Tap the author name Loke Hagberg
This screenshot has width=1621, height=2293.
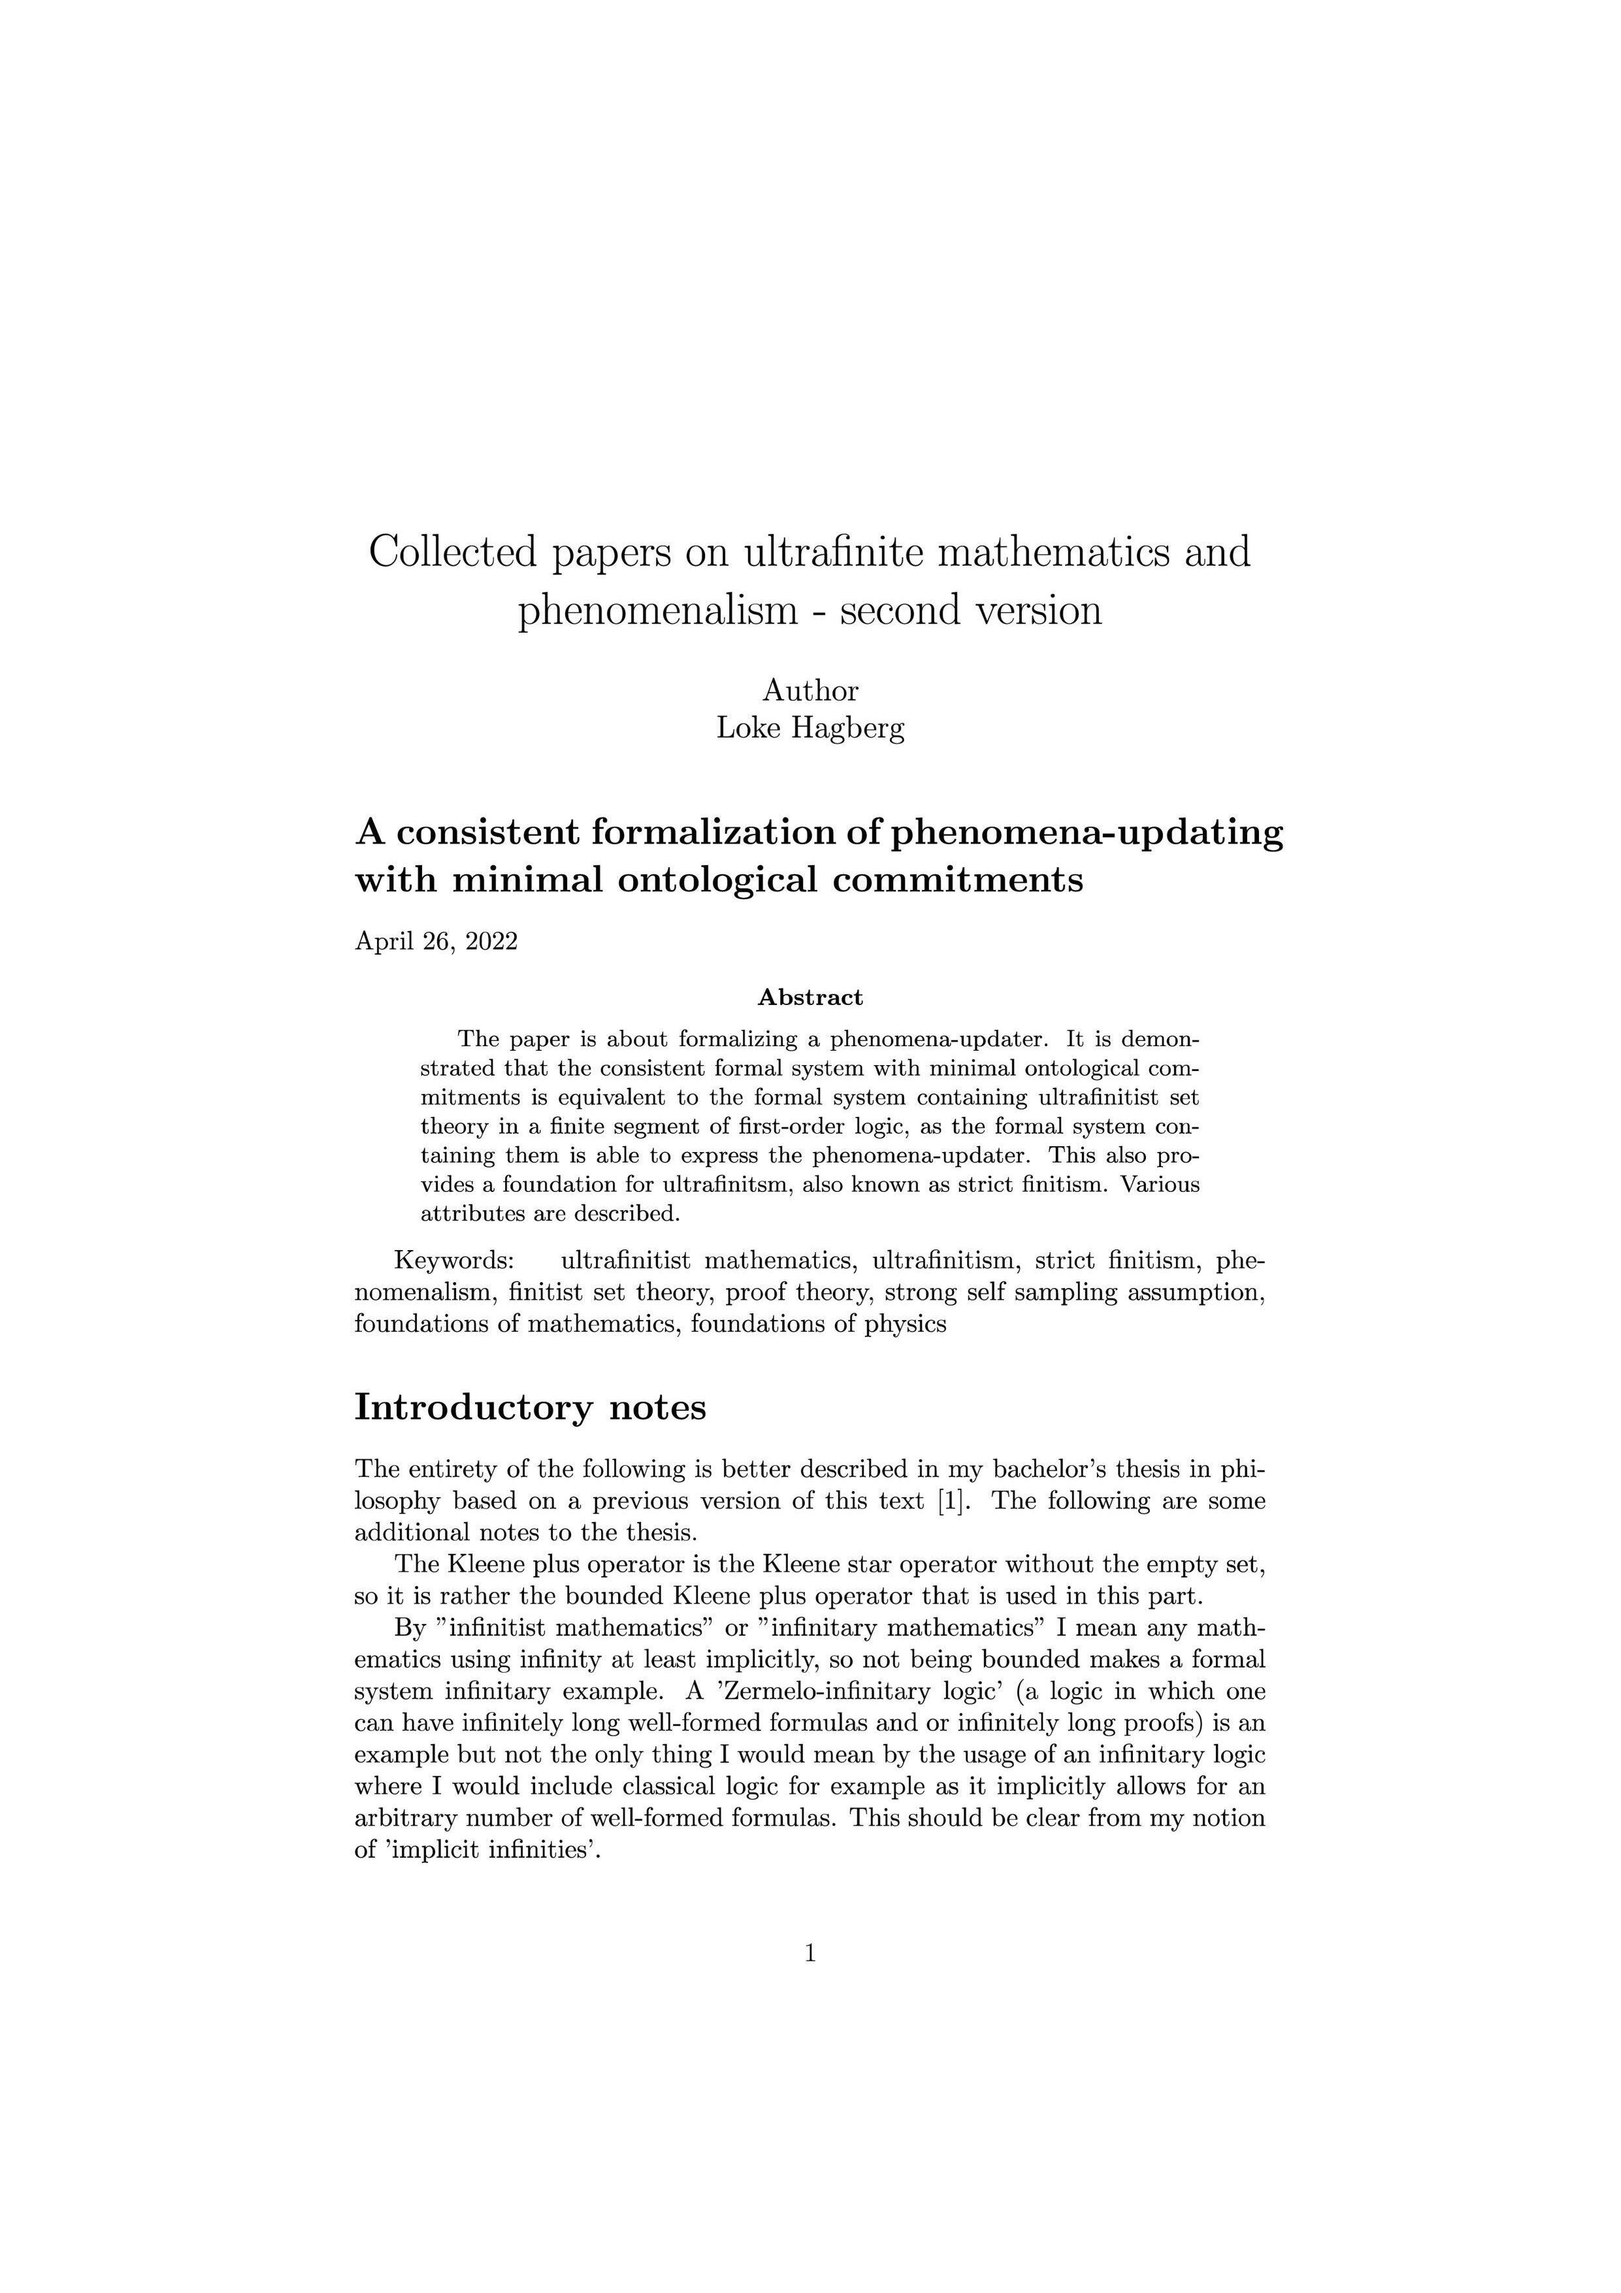click(x=810, y=728)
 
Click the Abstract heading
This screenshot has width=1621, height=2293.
click(x=810, y=997)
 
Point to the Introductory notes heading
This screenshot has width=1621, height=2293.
click(x=531, y=1406)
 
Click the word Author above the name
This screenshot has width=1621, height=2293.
click(x=810, y=690)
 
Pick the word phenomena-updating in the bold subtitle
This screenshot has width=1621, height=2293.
click(x=1086, y=832)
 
